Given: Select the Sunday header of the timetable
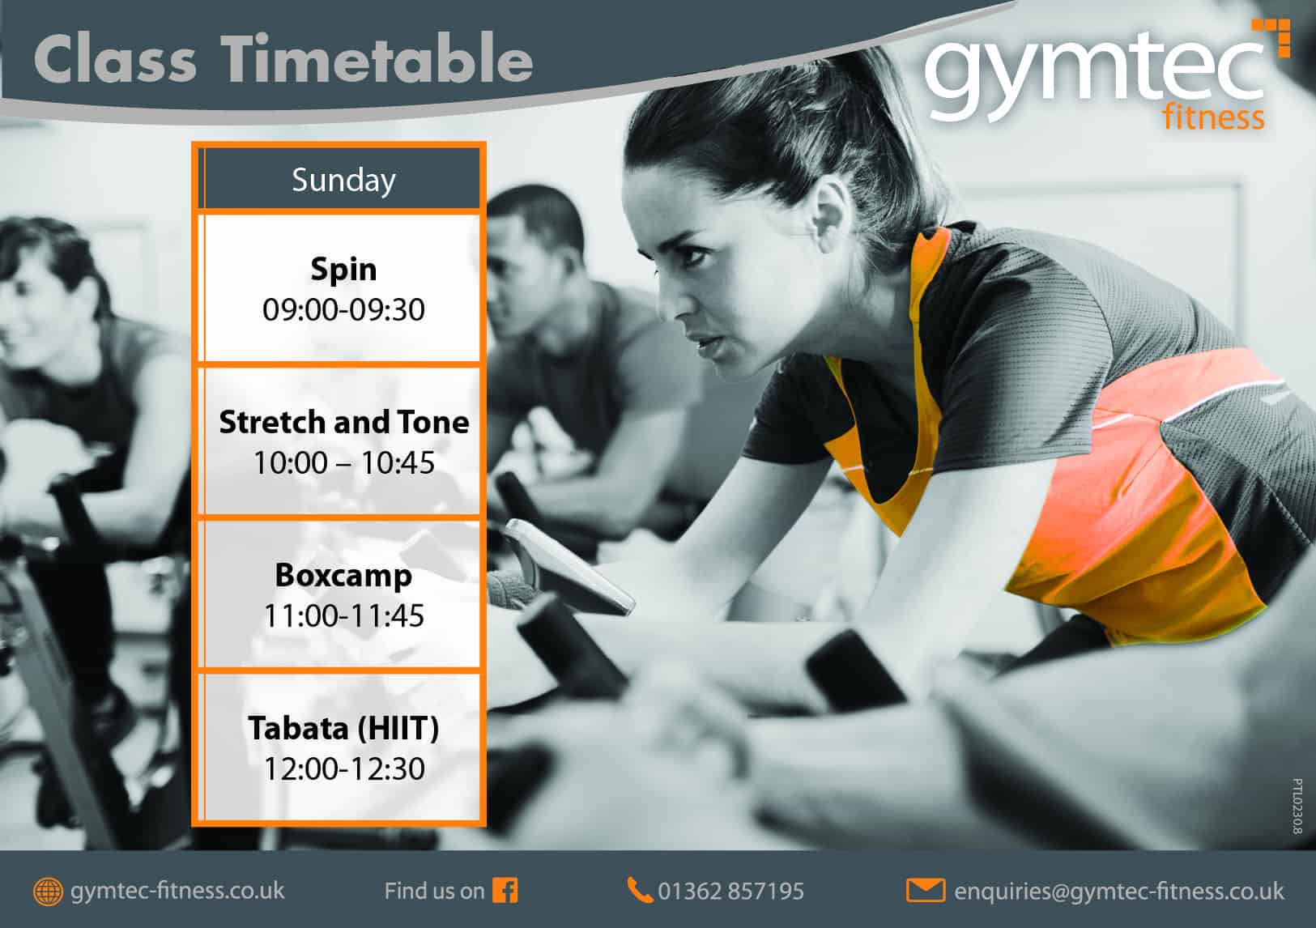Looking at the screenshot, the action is point(343,180).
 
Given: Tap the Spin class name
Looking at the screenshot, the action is point(343,270).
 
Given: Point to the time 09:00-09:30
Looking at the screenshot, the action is point(343,309).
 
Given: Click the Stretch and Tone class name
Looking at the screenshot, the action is point(343,423).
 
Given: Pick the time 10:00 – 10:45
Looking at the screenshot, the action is point(343,463).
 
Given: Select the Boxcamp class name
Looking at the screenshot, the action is point(343,576).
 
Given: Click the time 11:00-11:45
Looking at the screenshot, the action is point(343,615).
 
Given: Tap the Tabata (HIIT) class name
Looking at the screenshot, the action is point(343,728).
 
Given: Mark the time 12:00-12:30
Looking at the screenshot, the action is point(343,768).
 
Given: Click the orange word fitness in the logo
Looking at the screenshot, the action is point(1214,117).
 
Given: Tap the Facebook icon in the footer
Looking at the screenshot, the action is point(505,891).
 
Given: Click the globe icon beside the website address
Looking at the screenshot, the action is point(48,892).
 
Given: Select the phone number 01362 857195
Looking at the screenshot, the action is point(730,891).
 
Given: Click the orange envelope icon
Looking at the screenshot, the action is point(926,891).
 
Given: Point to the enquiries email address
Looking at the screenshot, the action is point(1118,892).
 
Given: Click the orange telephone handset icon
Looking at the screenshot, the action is point(640,890).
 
